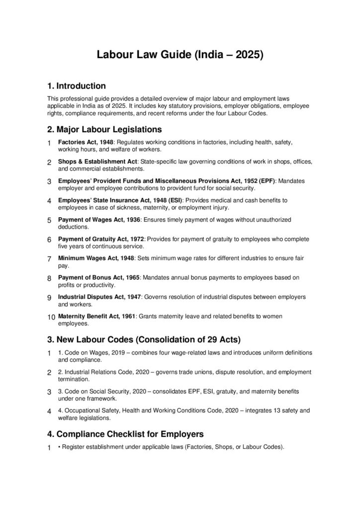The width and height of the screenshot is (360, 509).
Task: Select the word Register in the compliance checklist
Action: [x=74, y=446]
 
